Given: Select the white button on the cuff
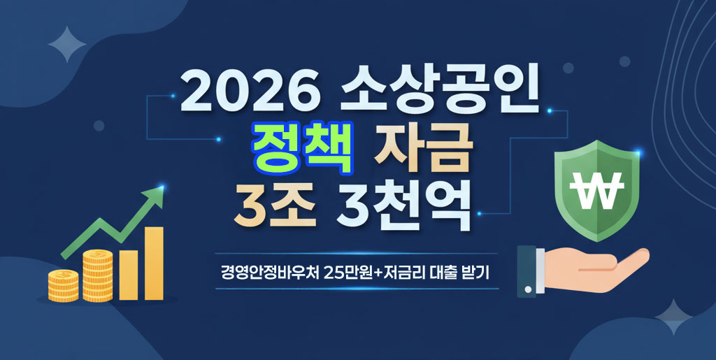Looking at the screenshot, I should [529, 289].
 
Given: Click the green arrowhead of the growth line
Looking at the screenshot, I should [157, 196].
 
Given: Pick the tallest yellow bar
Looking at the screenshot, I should [154, 263].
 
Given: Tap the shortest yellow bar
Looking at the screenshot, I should [128, 274].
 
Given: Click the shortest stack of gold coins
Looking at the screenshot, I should [64, 286].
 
